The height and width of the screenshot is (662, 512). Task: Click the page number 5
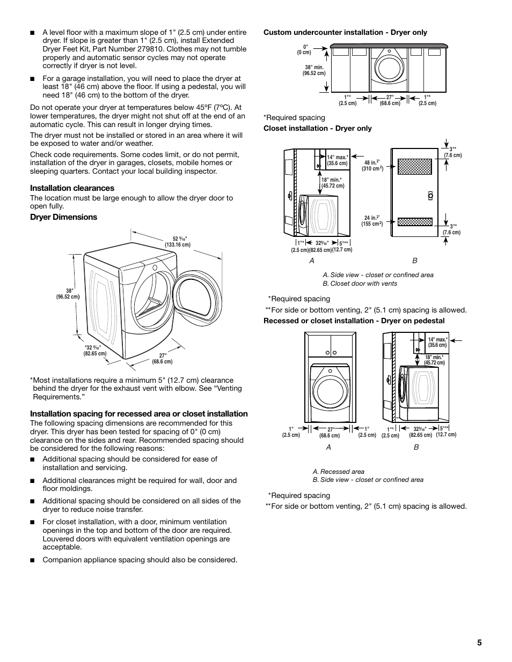[x=479, y=643]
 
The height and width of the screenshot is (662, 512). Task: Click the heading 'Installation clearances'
[x=72, y=188]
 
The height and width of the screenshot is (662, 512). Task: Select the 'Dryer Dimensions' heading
[x=63, y=217]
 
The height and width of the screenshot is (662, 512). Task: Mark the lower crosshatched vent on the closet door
[x=414, y=222]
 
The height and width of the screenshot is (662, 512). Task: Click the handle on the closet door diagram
[x=430, y=196]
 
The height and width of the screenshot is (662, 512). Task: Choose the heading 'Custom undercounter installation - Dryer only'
[x=345, y=32]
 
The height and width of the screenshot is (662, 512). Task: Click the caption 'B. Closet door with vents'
[x=360, y=284]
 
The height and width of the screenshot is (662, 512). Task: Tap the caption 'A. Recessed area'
[x=338, y=472]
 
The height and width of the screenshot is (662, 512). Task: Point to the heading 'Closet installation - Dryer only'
[x=317, y=129]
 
